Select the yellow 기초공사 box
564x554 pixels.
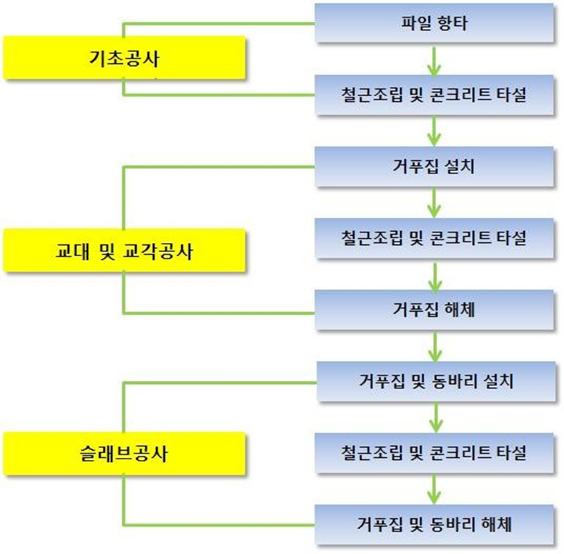click(x=125, y=58)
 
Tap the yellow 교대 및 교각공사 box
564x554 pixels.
click(x=125, y=250)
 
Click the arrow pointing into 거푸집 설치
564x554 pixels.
click(x=435, y=131)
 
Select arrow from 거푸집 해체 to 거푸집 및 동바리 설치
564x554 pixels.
click(x=435, y=345)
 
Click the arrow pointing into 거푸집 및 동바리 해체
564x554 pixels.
click(x=435, y=489)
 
